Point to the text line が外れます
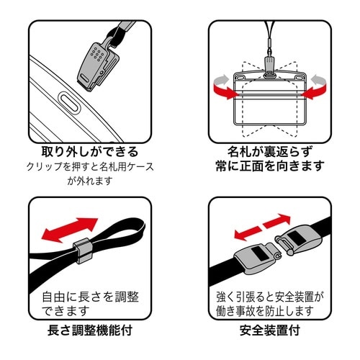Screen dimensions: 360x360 click(89, 181)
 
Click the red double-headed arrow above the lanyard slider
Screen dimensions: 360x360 click(66, 230)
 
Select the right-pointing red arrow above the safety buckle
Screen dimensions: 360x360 click(283, 221)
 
